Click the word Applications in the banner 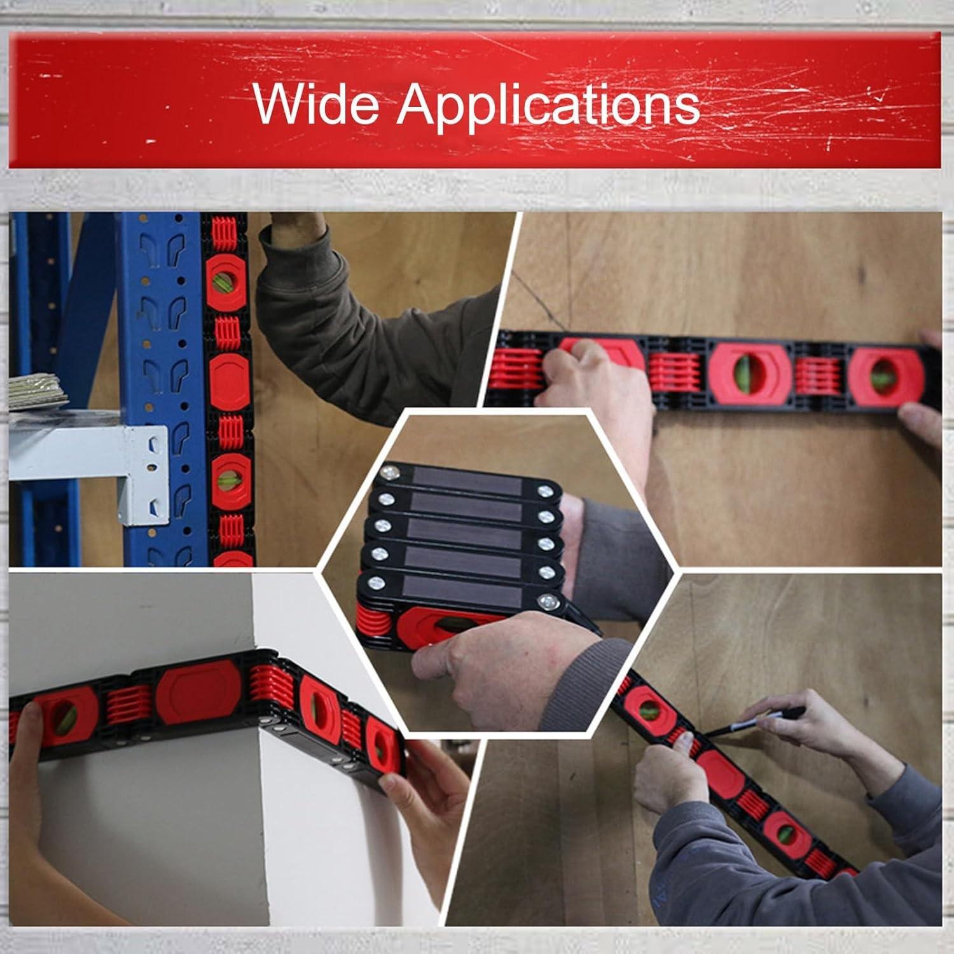click(x=548, y=105)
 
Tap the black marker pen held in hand click(x=760, y=723)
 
